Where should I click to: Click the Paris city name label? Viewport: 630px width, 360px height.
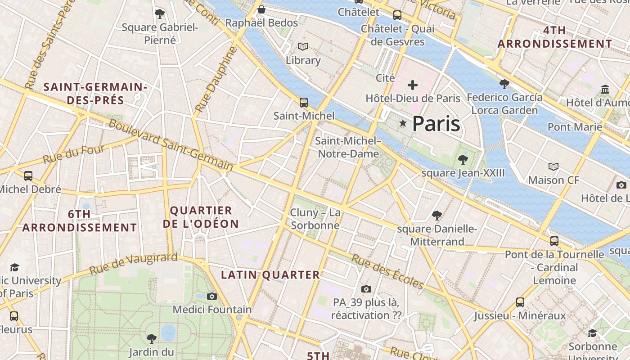436,124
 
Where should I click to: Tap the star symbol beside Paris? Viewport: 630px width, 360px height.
403,123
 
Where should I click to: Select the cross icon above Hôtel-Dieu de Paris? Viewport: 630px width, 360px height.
413,85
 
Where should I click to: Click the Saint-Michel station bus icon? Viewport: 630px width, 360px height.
304,103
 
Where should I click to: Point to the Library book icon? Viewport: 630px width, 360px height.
303,47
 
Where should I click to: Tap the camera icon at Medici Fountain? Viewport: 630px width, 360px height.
212,296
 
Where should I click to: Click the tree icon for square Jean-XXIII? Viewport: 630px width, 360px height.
463,159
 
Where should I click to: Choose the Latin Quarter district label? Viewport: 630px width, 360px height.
270,274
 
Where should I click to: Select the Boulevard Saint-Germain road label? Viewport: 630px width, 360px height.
171,145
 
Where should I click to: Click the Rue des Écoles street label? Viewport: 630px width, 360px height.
387,272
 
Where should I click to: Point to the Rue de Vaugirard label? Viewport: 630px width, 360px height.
134,264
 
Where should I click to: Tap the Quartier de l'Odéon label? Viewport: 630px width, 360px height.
204,217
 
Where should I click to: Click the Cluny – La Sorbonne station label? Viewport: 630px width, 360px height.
315,219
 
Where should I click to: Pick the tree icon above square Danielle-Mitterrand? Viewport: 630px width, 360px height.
436,216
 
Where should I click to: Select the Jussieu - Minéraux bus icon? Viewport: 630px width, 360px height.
520,302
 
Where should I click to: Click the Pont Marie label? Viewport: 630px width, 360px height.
575,127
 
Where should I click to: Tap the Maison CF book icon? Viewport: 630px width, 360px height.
553,167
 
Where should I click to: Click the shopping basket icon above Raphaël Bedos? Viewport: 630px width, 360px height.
261,9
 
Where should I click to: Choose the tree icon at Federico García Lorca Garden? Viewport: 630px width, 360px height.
504,84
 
